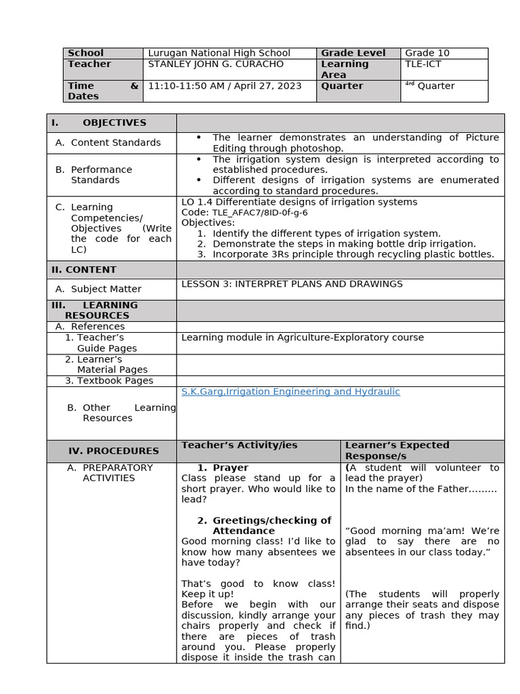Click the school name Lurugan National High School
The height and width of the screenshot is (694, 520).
pyautogui.click(x=219, y=53)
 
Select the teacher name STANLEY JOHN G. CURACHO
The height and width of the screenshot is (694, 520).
pyautogui.click(x=215, y=64)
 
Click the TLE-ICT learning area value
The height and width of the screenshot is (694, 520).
pyautogui.click(x=423, y=64)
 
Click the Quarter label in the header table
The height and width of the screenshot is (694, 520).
pyautogui.click(x=342, y=86)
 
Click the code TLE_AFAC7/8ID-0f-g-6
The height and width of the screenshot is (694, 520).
pyautogui.click(x=259, y=212)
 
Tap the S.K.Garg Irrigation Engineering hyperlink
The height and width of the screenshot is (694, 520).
pyautogui.click(x=290, y=392)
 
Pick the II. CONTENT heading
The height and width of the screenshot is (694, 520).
pyautogui.click(x=84, y=270)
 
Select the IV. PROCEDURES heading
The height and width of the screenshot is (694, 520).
pyautogui.click(x=113, y=451)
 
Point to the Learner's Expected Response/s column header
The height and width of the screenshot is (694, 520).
pyautogui.click(x=397, y=451)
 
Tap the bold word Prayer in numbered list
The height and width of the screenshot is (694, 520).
pyautogui.click(x=230, y=468)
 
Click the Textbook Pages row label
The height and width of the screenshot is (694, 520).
pyautogui.click(x=109, y=381)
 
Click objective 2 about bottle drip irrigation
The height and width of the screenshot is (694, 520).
pyautogui.click(x=344, y=244)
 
